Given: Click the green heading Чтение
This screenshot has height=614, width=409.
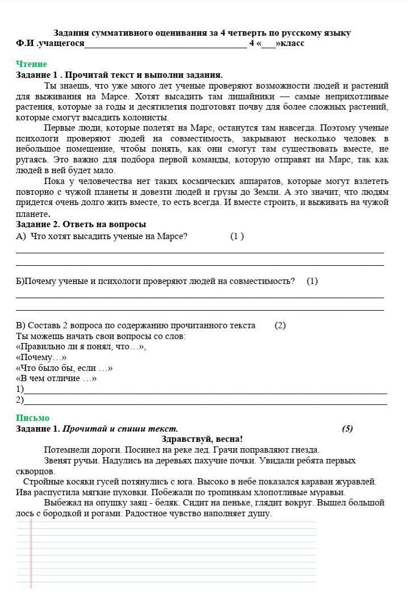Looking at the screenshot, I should [x=31, y=64].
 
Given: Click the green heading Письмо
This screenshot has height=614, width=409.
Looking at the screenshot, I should [x=32, y=418].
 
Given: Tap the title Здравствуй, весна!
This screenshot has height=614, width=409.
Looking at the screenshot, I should [x=202, y=439].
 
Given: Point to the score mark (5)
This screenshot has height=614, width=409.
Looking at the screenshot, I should [x=347, y=429].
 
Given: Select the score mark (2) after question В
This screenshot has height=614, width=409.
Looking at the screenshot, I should [x=280, y=325].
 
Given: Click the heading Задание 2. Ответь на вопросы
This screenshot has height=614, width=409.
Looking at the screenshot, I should [x=81, y=224].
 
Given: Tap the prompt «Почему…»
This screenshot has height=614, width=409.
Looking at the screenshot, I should [x=41, y=357].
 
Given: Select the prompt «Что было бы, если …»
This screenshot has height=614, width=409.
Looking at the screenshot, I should [x=64, y=368].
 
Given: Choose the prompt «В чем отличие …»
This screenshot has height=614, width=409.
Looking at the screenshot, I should [x=56, y=378].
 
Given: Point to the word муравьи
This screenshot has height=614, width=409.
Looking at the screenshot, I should [x=325, y=492].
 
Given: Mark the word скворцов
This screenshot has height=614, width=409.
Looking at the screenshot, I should [x=35, y=471].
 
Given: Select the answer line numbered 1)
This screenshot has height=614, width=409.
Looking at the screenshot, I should [x=204, y=391].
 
